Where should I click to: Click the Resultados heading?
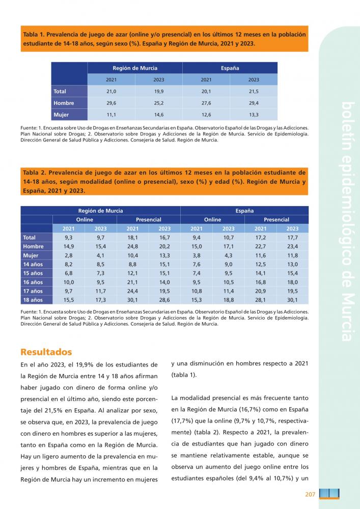point(46,352)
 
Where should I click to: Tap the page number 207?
point(311,494)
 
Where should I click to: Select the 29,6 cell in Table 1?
point(111,103)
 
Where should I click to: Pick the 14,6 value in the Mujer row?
point(158,115)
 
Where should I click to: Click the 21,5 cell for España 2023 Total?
point(254,91)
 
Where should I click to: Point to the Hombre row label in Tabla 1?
point(64,103)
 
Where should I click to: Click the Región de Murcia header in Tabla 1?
point(134,68)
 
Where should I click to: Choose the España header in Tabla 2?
point(244,210)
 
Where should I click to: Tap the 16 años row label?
point(33,282)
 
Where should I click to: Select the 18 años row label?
point(33,300)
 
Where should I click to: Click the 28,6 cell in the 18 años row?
point(164,300)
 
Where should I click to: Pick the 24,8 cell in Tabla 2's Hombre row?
point(132,246)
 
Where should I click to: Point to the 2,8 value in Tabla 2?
point(69,255)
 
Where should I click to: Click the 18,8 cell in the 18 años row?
point(228,300)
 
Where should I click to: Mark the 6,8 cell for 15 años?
point(69,273)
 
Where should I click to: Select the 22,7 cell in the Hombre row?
point(260,246)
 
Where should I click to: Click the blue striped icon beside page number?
point(330,494)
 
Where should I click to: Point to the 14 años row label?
point(33,264)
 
